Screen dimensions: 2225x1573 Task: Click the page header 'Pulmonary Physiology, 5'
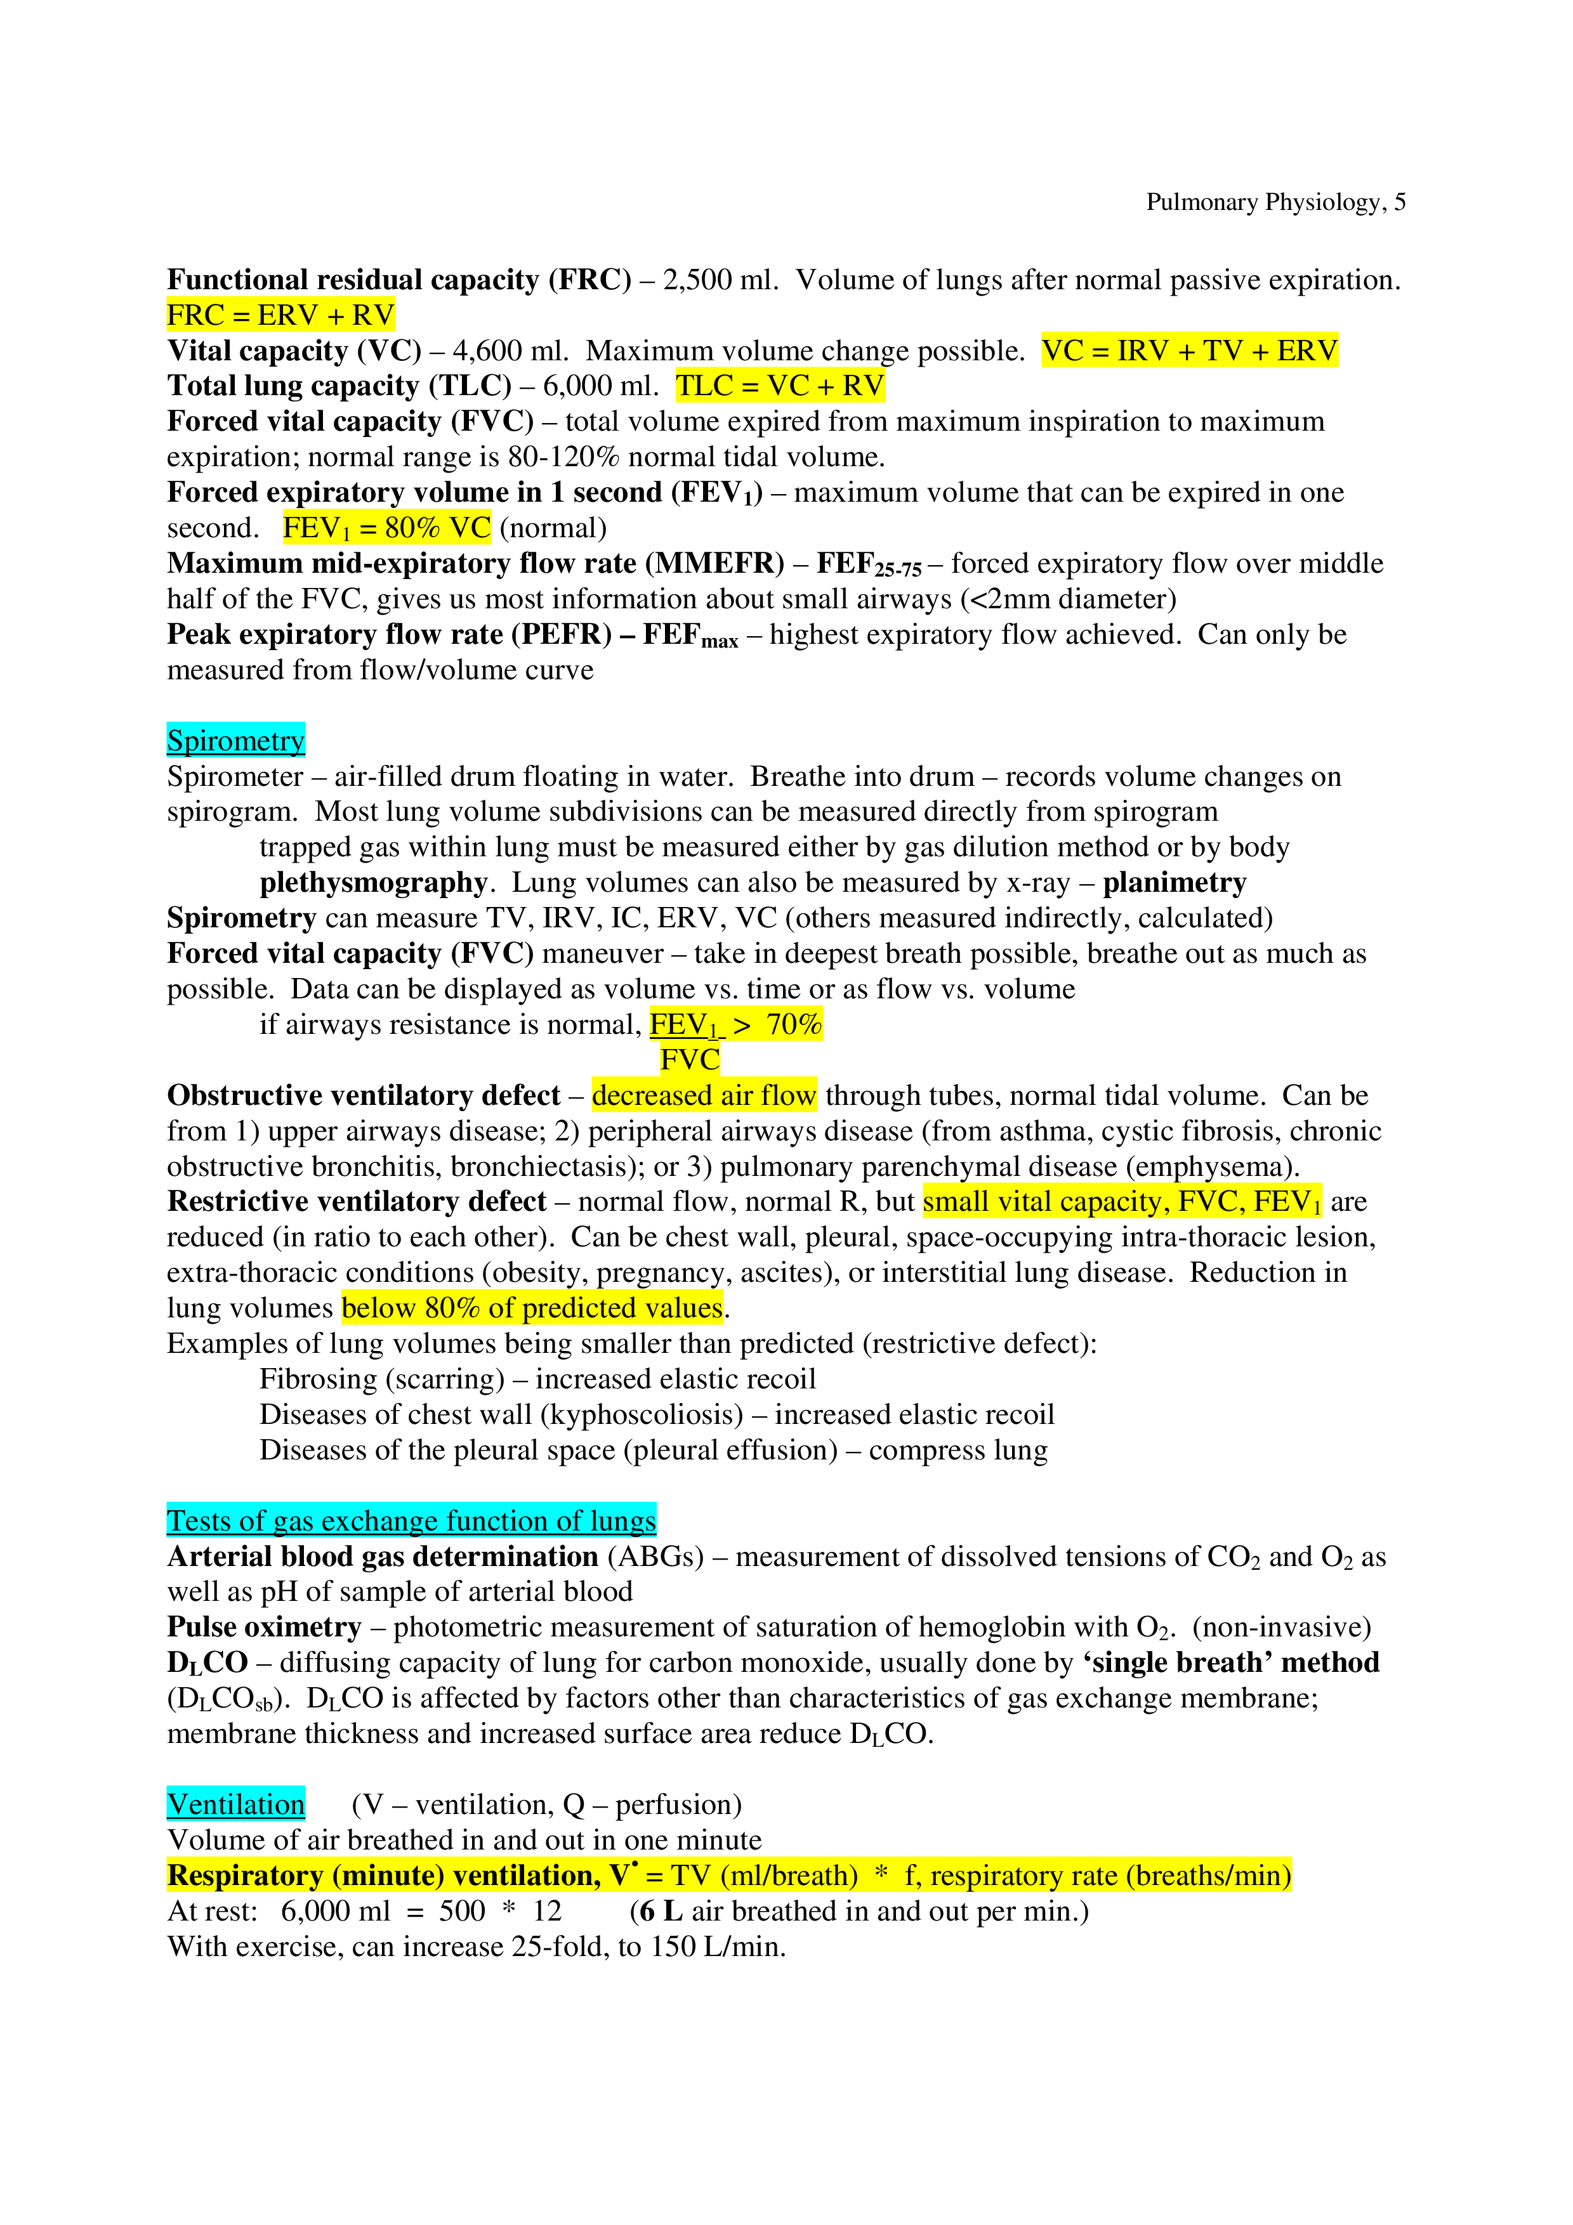click(x=1275, y=202)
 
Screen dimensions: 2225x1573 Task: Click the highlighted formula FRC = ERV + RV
click(x=280, y=316)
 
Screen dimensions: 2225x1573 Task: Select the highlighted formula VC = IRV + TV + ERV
click(x=1189, y=351)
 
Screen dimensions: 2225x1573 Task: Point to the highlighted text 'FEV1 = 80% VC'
click(x=386, y=528)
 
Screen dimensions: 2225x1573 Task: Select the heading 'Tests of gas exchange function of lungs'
click(x=411, y=1522)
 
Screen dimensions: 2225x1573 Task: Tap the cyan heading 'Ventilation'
click(x=235, y=1805)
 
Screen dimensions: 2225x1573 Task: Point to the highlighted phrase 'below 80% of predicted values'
click(x=532, y=1309)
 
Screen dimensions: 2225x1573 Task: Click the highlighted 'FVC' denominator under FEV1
click(x=689, y=1060)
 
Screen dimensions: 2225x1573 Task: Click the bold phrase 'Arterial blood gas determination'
click(x=382, y=1557)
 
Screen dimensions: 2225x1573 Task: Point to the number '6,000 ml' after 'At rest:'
click(x=335, y=1912)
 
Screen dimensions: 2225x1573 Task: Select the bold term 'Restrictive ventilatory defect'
click(x=357, y=1203)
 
